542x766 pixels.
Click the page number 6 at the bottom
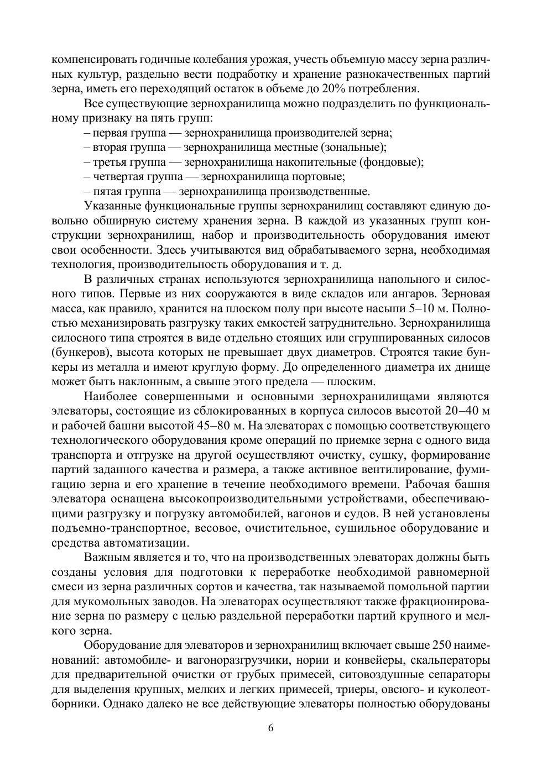(271, 727)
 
